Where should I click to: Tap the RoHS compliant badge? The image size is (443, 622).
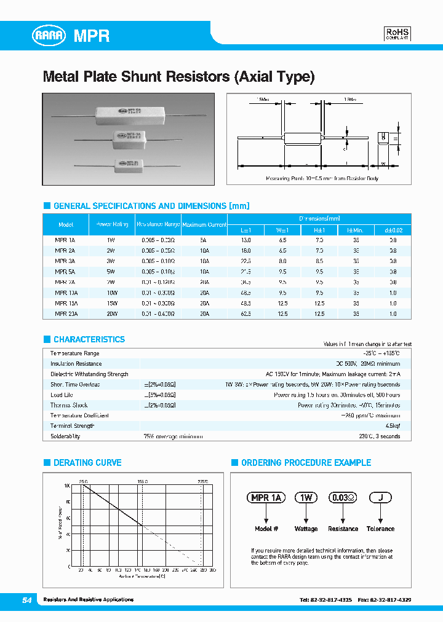(x=397, y=34)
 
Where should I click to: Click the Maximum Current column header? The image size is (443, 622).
(x=204, y=224)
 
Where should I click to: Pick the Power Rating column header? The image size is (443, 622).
(x=111, y=224)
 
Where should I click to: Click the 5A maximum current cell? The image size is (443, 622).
(x=204, y=240)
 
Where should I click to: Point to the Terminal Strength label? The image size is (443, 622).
(x=72, y=426)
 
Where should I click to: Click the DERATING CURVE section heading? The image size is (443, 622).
(x=87, y=463)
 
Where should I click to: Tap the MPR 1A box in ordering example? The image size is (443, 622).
(x=266, y=498)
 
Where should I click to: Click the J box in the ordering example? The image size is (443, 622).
(x=380, y=498)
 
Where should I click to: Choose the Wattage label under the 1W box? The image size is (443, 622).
(x=306, y=529)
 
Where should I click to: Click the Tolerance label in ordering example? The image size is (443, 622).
(x=380, y=529)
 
